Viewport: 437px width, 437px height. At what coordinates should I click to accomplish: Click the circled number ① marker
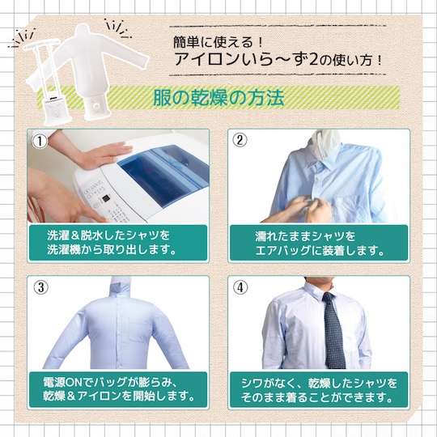pos(40,142)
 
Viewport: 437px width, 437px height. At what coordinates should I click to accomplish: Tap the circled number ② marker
pos(240,140)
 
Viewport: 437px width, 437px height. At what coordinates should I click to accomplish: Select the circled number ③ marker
pos(40,287)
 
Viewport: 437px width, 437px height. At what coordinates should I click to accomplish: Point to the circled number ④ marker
pos(240,287)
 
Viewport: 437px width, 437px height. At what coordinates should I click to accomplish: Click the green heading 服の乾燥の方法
pos(218,98)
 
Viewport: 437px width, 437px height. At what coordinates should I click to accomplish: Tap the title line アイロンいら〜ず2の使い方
pos(278,59)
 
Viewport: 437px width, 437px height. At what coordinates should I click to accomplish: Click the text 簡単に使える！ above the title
pos(218,42)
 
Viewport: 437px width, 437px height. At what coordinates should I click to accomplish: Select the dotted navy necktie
pos(333,330)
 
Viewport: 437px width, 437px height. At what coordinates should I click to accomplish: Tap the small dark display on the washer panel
pos(106,198)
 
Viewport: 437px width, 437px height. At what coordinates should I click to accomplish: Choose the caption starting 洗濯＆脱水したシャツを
pos(112,243)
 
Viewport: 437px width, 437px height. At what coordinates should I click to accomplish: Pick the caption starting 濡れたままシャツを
pos(320,244)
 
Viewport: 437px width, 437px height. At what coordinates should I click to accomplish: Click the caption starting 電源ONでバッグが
pos(118,389)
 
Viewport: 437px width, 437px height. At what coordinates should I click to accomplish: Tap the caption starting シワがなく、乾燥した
pos(319,390)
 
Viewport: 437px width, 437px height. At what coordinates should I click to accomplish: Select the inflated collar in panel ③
pos(121,289)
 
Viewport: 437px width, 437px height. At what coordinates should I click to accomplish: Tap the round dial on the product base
pos(98,106)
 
